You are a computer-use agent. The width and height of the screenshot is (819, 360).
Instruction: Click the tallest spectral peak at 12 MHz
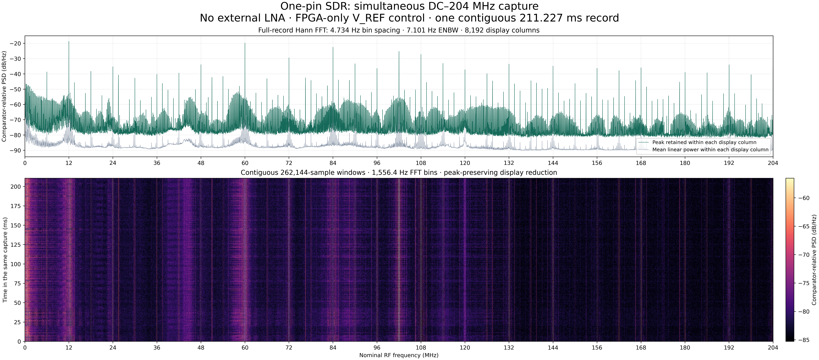[69, 41]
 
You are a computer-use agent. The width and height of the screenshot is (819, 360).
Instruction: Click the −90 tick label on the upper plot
[15, 150]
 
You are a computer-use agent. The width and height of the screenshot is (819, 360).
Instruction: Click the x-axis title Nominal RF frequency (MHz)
[399, 355]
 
